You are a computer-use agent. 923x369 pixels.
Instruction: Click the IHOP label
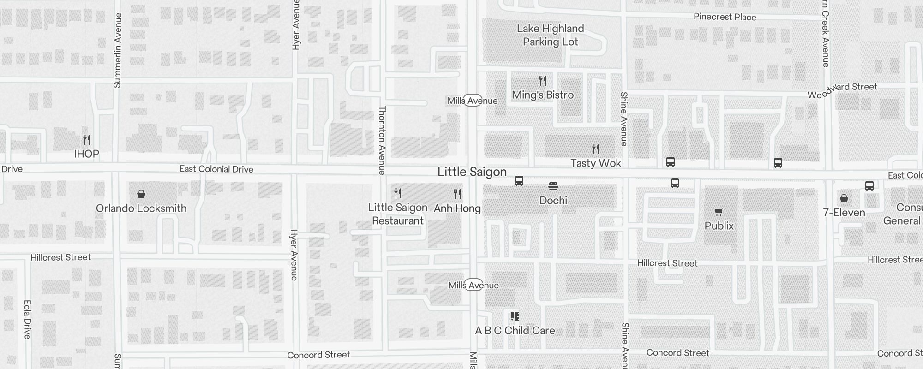[87, 154]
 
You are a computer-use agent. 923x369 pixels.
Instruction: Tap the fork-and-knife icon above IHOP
[87, 139]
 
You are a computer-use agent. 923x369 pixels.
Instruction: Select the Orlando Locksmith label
[141, 208]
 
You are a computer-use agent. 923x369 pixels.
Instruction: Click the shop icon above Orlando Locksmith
[141, 194]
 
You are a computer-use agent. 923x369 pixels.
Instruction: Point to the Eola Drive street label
[27, 319]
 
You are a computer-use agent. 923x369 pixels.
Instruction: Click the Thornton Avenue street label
[382, 140]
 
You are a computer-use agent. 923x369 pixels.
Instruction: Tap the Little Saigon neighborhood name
[472, 172]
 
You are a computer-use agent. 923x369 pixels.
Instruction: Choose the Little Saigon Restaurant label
[398, 214]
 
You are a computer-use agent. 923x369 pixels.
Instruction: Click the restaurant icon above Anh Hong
[457, 194]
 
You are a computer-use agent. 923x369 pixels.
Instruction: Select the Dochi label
[553, 201]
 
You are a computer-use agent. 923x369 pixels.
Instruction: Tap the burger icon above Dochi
[553, 186]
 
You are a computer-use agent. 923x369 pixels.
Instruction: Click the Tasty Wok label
[596, 163]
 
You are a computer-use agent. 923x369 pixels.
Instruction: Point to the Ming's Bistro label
[543, 95]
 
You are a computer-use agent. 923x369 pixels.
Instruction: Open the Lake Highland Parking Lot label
[551, 35]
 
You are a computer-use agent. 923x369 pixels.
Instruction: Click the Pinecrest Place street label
[725, 17]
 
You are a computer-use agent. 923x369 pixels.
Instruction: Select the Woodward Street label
[842, 90]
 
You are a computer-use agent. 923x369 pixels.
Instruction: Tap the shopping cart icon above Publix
[719, 212]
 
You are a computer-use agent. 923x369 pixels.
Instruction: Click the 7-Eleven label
[844, 213]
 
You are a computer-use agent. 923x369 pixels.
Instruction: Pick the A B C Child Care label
[515, 331]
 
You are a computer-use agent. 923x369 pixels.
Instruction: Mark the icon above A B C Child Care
[515, 316]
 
